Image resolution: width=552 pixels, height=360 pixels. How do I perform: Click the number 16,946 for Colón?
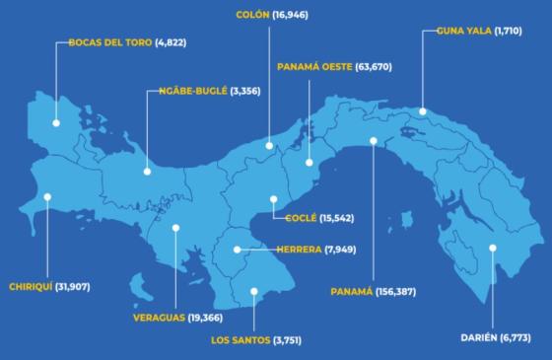pyautogui.click(x=306, y=15)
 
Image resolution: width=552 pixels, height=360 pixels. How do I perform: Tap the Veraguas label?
pyautogui.click(x=162, y=318)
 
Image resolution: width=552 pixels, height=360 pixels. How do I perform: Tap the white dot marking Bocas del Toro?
pyautogui.click(x=56, y=123)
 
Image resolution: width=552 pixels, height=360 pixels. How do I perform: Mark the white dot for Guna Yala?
pyautogui.click(x=423, y=111)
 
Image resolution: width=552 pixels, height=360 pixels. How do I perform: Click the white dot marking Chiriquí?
pyautogui.click(x=45, y=196)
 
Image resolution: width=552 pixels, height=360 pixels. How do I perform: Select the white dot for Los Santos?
pyautogui.click(x=254, y=291)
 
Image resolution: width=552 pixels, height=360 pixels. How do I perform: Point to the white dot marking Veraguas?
pyautogui.click(x=174, y=228)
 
